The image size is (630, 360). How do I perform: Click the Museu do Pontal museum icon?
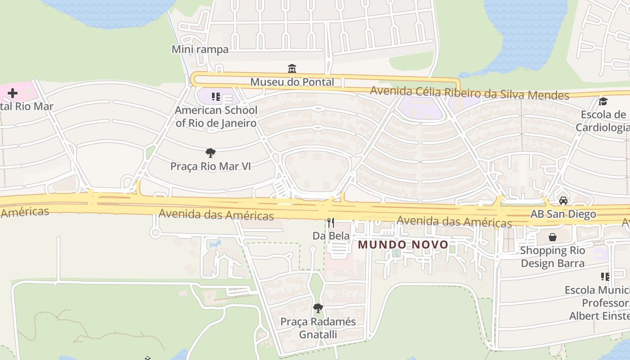coord(292,69)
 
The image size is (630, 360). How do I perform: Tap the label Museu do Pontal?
coord(292,82)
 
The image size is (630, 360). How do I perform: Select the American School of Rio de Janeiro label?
coord(216,117)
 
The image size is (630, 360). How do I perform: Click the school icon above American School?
coord(216,96)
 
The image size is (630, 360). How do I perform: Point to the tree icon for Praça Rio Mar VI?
coord(210,153)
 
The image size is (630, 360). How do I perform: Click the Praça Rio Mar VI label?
coord(210,166)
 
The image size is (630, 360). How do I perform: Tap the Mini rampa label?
coord(200,49)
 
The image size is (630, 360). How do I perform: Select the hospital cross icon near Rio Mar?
coord(13,93)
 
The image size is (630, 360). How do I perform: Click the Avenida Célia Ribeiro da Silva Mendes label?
coord(469,93)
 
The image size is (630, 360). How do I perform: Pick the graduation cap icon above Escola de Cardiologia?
coord(603,102)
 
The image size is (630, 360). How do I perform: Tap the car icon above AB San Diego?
coord(563,201)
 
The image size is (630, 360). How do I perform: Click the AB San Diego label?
coord(563,214)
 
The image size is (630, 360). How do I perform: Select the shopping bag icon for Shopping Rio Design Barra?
coord(553,237)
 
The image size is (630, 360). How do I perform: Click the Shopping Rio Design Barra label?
coord(553,256)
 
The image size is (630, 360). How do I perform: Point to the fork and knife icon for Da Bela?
coord(331,222)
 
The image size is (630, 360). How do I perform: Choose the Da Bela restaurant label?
coord(331,236)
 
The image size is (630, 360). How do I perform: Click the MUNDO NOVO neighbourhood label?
coord(403,244)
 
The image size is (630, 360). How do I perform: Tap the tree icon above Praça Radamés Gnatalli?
coord(318,308)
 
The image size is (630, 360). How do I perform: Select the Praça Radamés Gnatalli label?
coord(318,328)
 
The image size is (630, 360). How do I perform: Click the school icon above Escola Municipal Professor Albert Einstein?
coord(605,276)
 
